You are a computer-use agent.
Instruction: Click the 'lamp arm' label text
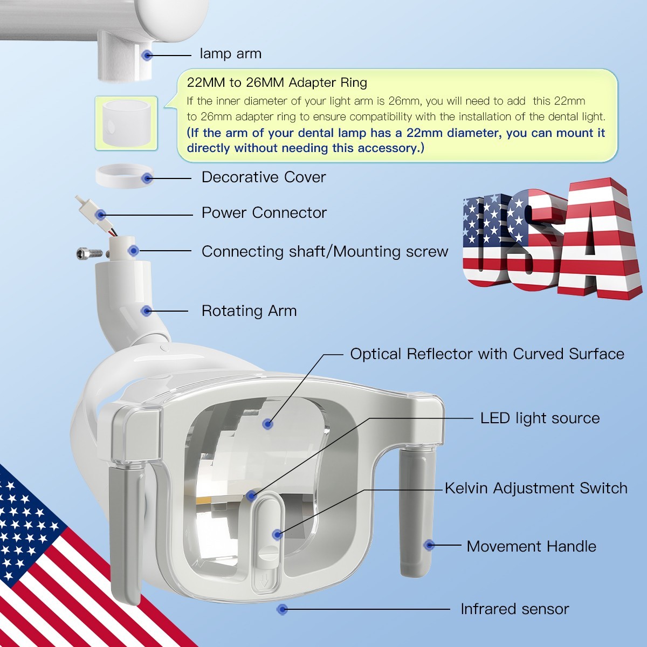[230, 54]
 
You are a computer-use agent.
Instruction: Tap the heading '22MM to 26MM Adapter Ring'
[277, 82]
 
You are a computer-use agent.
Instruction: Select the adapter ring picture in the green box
[126, 123]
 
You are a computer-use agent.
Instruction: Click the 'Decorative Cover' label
[264, 177]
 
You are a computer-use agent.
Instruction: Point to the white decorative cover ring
[125, 176]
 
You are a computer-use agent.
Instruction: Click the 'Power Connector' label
[264, 213]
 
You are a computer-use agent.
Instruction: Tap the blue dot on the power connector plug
[100, 215]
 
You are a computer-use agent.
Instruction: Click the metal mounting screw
[90, 253]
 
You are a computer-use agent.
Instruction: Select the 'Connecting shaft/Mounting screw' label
[325, 252]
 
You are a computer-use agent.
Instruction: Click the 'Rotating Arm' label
[249, 311]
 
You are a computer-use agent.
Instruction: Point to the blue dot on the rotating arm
[146, 311]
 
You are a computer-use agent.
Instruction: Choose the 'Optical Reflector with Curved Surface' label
[487, 354]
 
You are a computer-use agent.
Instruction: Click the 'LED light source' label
[540, 418]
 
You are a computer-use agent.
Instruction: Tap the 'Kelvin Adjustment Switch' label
[536, 488]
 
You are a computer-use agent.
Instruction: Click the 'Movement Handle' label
[532, 547]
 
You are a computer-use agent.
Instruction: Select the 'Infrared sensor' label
[515, 609]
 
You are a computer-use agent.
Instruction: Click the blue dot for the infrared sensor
[282, 609]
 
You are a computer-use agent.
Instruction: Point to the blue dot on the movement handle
[429, 545]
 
